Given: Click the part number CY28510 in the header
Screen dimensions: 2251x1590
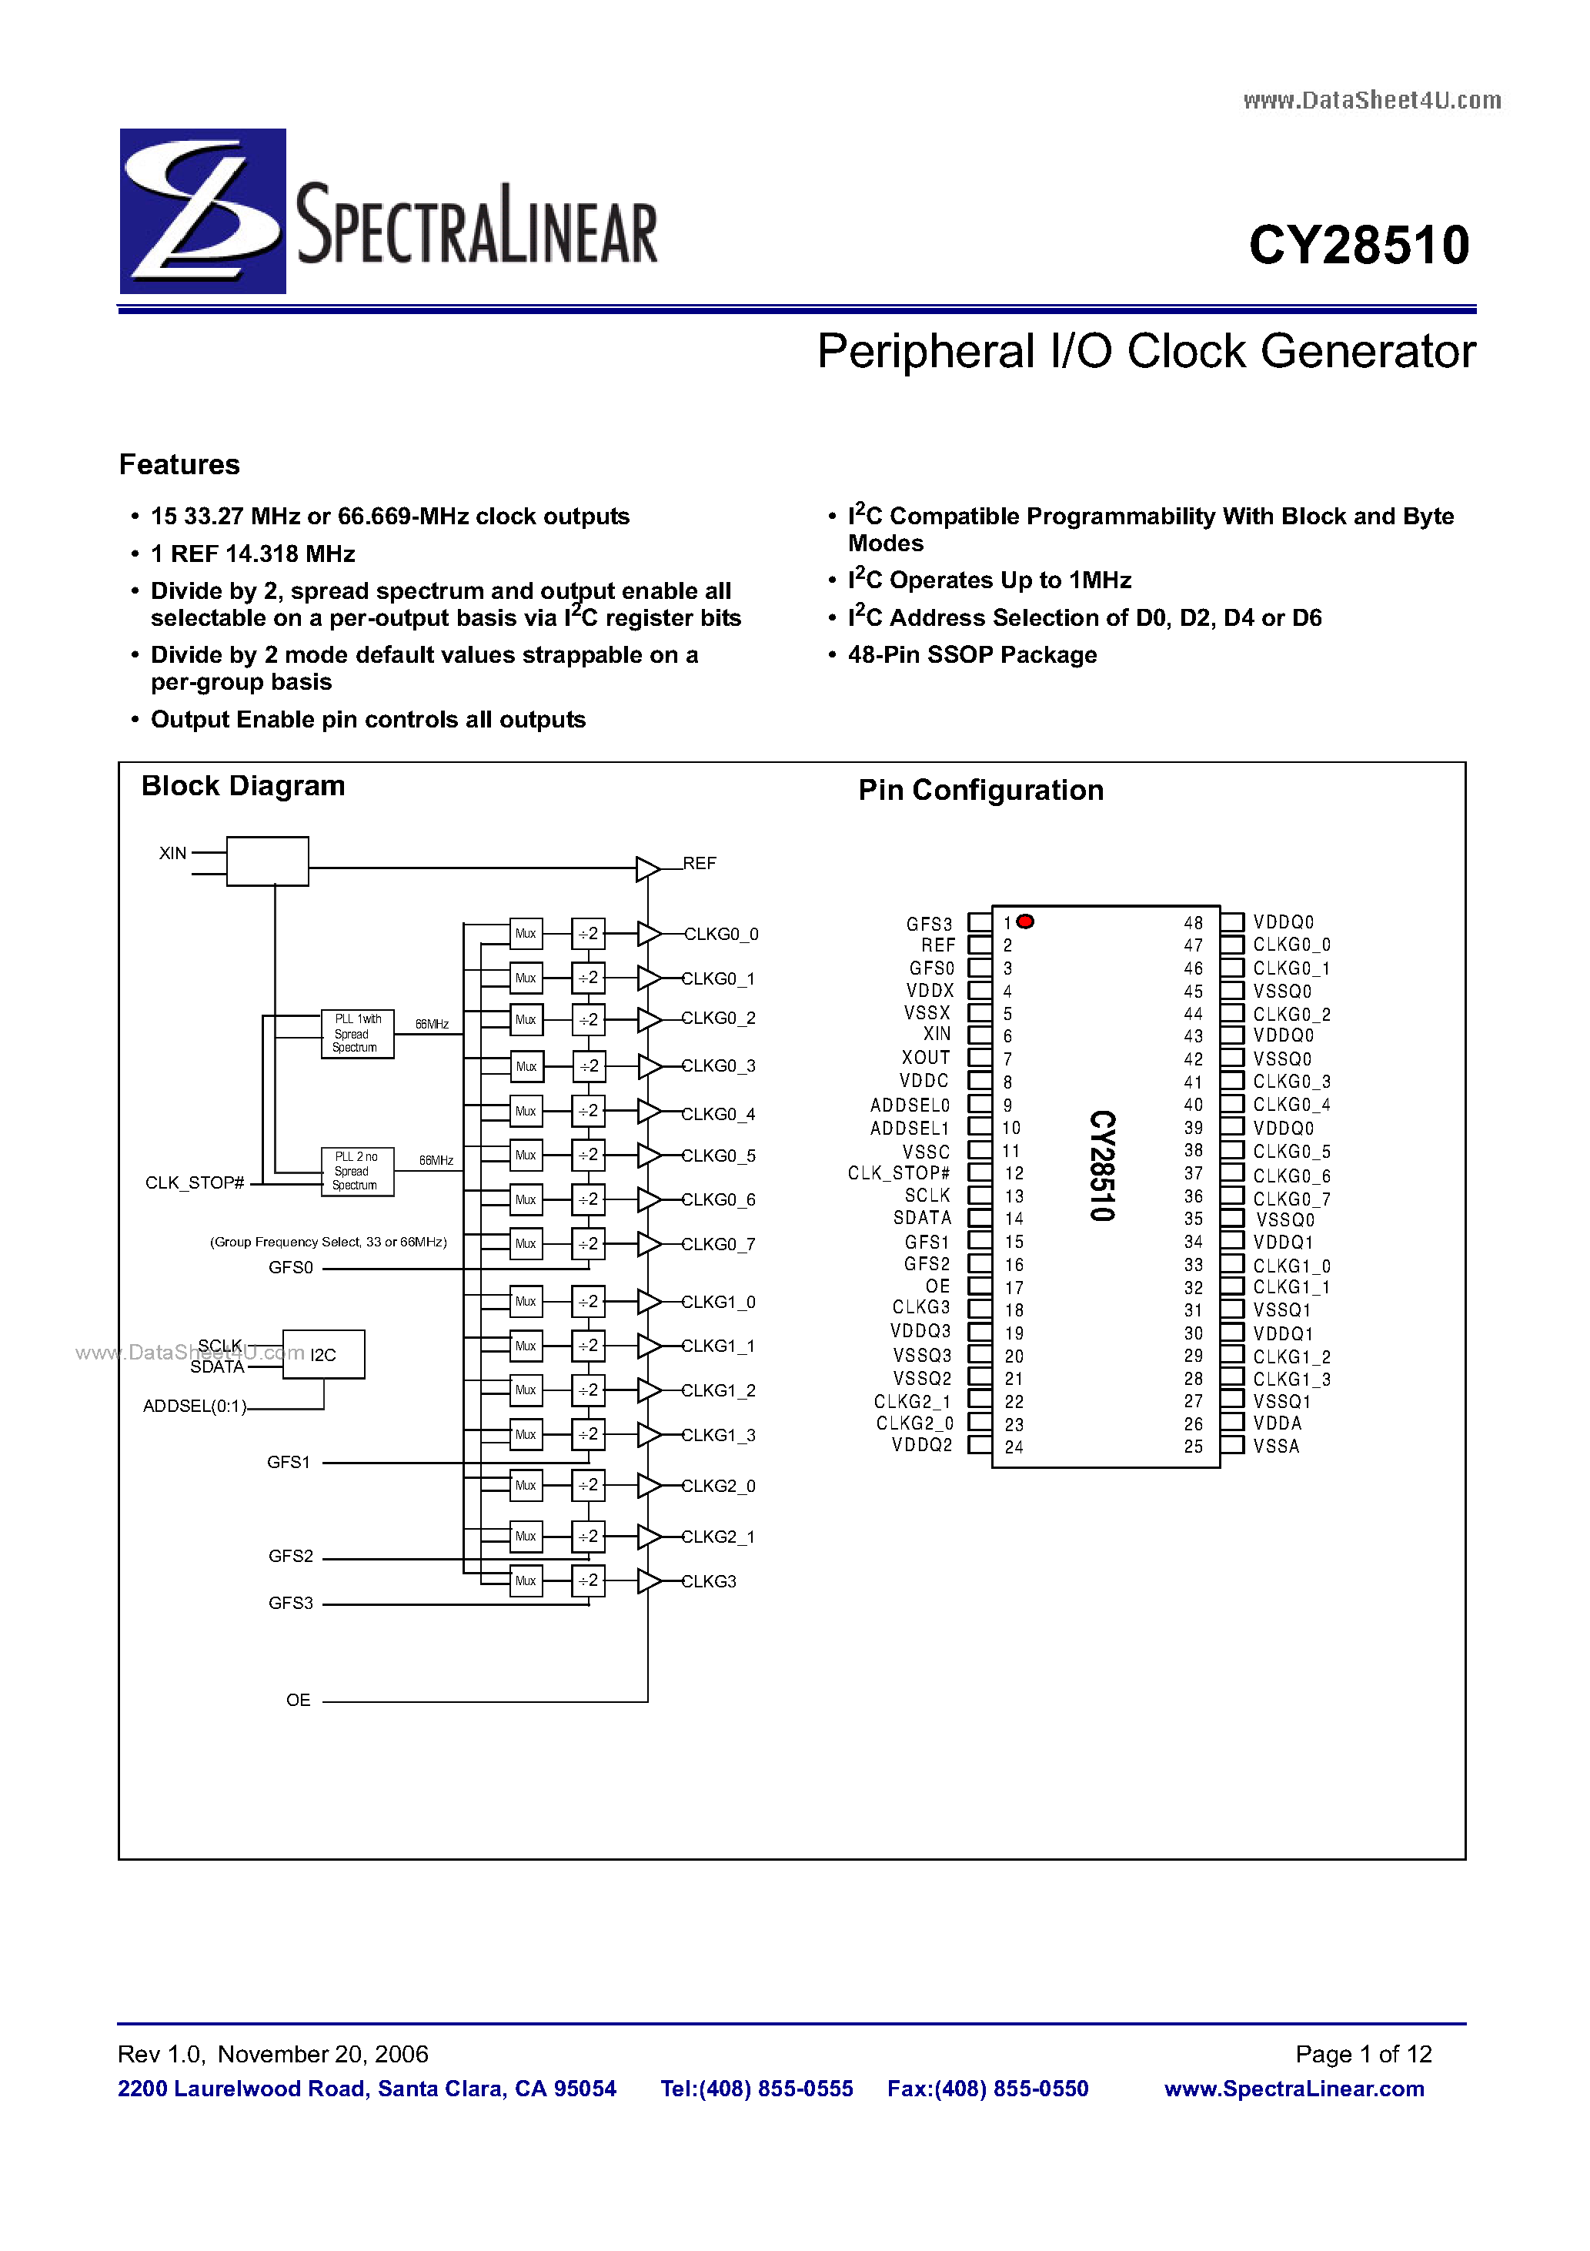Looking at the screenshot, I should coord(1358,245).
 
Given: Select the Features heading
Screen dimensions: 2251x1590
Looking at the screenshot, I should coord(179,465).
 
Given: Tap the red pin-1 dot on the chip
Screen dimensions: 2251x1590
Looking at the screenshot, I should coord(1025,921).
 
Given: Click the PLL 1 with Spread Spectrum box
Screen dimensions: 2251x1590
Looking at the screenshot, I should coord(358,1033).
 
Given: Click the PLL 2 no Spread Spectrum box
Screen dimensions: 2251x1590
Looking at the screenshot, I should coord(358,1172).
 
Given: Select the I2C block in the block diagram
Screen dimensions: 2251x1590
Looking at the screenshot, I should coord(323,1355).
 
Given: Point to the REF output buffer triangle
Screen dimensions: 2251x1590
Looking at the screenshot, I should coord(646,868).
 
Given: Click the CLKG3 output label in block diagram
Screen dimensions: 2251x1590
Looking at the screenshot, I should coord(710,1581).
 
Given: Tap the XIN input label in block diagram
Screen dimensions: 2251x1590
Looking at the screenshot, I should coord(172,853).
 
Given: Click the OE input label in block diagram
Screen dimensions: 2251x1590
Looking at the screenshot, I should coord(298,1700).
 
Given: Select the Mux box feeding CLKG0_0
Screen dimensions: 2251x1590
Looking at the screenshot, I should coord(526,933).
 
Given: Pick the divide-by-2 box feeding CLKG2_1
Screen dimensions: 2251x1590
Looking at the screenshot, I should coord(588,1537).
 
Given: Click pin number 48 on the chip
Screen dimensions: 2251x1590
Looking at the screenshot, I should coord(1193,922).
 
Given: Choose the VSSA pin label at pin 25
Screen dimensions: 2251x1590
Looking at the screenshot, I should coord(1276,1446).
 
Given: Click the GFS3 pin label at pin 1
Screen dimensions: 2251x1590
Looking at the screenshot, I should coord(928,924).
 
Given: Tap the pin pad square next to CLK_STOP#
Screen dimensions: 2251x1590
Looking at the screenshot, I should coord(979,1172).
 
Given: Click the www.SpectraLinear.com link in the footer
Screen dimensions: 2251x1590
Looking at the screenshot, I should coord(1294,2089).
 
